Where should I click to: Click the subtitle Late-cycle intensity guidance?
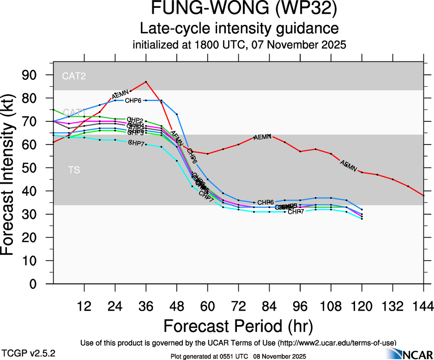coord(239,29)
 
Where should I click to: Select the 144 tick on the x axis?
coord(423,306)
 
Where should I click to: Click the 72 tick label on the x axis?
coord(238,306)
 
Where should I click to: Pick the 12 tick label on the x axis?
coord(84,306)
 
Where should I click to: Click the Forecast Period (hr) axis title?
coord(239,326)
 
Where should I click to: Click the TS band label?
coord(74,170)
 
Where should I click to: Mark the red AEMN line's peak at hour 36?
coord(146,82)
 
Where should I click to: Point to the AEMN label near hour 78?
coord(262,137)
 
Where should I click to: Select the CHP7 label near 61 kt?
coord(137,143)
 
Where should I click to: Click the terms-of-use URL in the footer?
coord(337,342)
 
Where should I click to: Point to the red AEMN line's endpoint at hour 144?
coord(423,196)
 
